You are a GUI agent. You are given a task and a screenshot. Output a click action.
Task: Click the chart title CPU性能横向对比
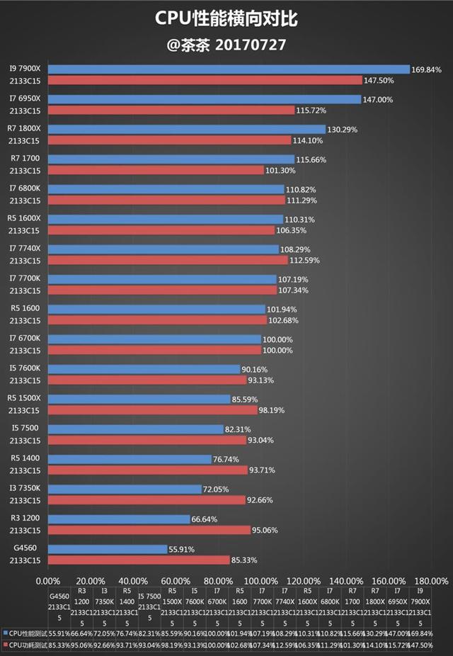pyautogui.click(x=226, y=18)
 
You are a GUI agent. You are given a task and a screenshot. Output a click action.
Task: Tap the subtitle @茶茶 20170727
pyautogui.click(x=226, y=45)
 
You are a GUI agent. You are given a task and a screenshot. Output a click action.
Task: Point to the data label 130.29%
pyautogui.click(x=343, y=130)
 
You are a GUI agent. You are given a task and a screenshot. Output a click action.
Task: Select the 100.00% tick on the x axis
pyautogui.click(x=261, y=579)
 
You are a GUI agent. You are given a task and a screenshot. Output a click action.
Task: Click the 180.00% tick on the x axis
pyautogui.click(x=430, y=579)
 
